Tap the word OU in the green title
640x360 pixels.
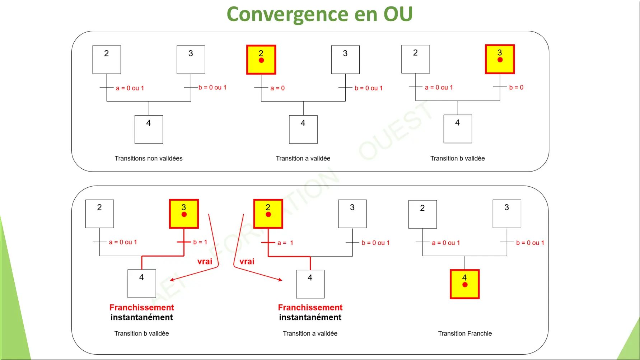coord(398,14)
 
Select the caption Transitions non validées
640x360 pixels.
coord(149,158)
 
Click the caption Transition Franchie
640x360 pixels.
coord(465,333)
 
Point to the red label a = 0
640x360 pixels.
coord(277,88)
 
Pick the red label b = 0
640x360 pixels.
coord(516,87)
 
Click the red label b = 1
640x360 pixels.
coord(200,242)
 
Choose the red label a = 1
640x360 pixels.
coord(285,243)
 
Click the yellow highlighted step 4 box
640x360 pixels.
coord(465,284)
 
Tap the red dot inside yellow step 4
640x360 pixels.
coord(465,285)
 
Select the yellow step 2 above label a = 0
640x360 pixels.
coord(261,60)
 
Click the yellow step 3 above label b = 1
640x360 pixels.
coord(184,214)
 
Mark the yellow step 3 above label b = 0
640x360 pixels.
coord(500,59)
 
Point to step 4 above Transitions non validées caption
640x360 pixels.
coord(149,129)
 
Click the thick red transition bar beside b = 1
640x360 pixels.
coord(184,242)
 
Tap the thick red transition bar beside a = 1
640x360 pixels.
coord(268,243)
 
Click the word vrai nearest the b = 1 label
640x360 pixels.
coord(205,261)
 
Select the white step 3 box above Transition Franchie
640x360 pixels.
coord(506,214)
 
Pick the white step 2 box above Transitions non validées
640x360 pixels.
coord(107,60)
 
